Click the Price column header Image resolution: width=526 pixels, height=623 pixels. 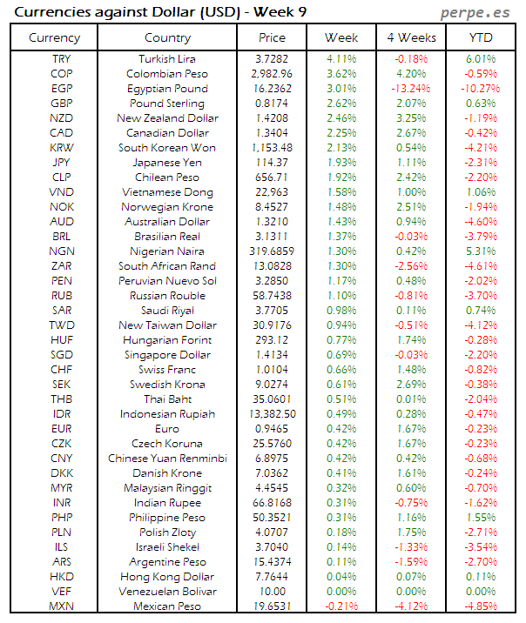pos(272,37)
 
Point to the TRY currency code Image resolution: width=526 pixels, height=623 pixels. pos(61,58)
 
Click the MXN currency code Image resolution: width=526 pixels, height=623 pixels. pos(61,606)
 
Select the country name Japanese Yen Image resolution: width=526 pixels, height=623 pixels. pos(168,162)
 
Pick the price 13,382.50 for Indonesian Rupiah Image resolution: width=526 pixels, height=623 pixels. pos(272,413)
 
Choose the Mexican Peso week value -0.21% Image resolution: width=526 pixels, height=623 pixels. pos(341,606)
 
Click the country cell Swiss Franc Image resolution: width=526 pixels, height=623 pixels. pos(168,369)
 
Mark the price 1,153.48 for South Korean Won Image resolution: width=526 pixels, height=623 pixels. pos(272,147)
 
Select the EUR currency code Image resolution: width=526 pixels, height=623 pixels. pos(61,428)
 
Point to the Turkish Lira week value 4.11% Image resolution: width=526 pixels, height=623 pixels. pos(341,58)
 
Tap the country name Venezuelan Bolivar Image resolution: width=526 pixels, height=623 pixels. pos(168,591)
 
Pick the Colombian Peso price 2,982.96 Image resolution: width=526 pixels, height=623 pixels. pos(272,73)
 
